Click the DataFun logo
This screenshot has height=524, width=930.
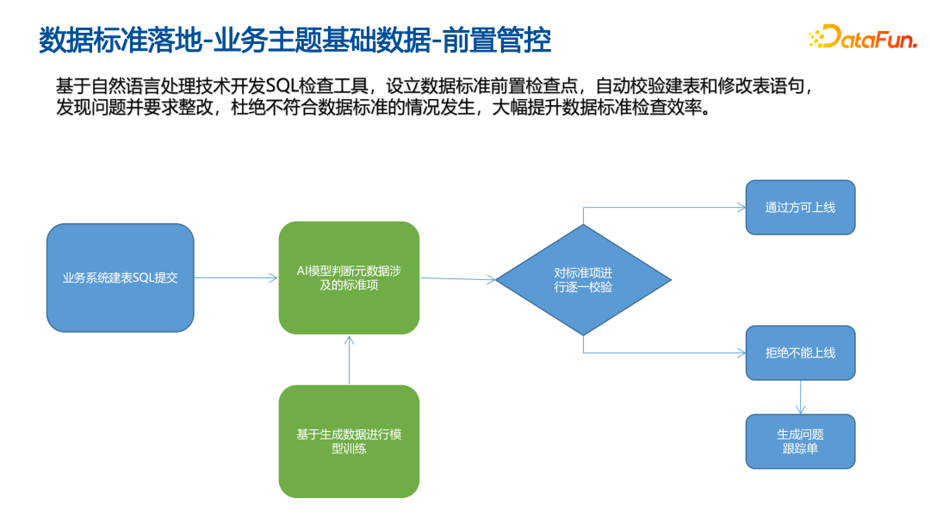pos(862,37)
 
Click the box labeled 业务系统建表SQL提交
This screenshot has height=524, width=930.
pos(121,278)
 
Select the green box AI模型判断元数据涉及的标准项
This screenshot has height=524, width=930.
pos(349,278)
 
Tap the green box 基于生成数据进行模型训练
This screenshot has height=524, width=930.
pos(349,441)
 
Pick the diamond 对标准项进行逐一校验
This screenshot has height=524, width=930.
pos(583,279)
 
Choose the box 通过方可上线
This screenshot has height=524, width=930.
pos(800,208)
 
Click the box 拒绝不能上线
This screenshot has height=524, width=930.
pos(800,353)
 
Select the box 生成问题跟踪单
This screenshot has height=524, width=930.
pos(800,441)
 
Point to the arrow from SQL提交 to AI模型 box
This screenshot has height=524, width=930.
pos(235,278)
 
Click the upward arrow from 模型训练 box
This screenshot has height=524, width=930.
pos(349,360)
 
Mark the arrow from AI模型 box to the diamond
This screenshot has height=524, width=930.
pos(457,278)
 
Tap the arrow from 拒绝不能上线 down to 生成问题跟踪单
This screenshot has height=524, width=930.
pos(800,397)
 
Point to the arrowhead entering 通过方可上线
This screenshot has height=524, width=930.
pos(741,208)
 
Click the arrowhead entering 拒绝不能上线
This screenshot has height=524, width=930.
pos(741,353)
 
